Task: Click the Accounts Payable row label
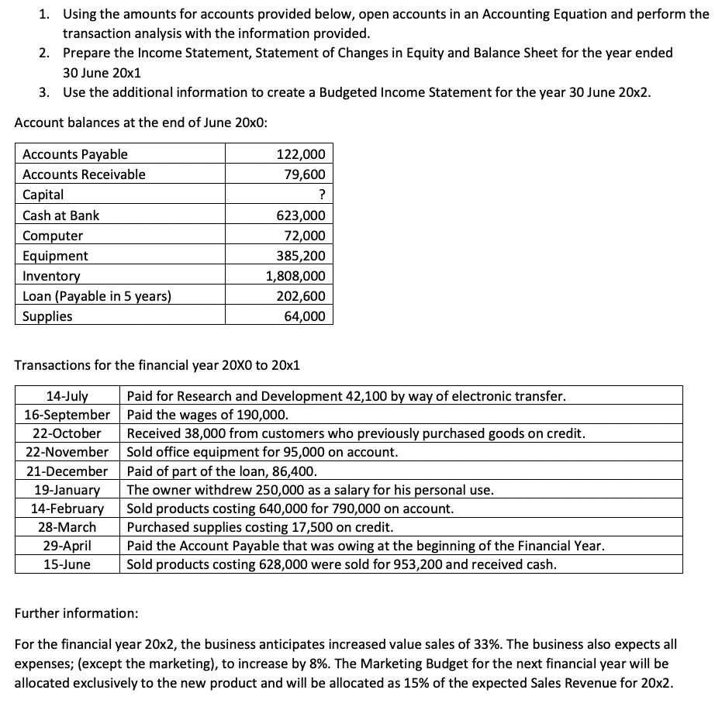point(75,154)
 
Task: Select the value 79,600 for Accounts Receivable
point(306,174)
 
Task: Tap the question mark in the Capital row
point(321,195)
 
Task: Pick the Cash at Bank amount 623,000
point(301,216)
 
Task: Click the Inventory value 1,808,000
point(295,276)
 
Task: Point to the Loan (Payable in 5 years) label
point(97,296)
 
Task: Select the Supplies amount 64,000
point(306,316)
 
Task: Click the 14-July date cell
point(67,396)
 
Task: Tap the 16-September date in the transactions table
point(67,415)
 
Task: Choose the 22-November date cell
point(67,452)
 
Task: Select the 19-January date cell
point(67,490)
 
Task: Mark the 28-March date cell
point(67,527)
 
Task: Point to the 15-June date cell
point(67,564)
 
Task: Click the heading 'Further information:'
point(77,613)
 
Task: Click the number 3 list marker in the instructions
point(45,92)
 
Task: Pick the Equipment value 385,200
point(301,256)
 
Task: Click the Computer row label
point(53,236)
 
